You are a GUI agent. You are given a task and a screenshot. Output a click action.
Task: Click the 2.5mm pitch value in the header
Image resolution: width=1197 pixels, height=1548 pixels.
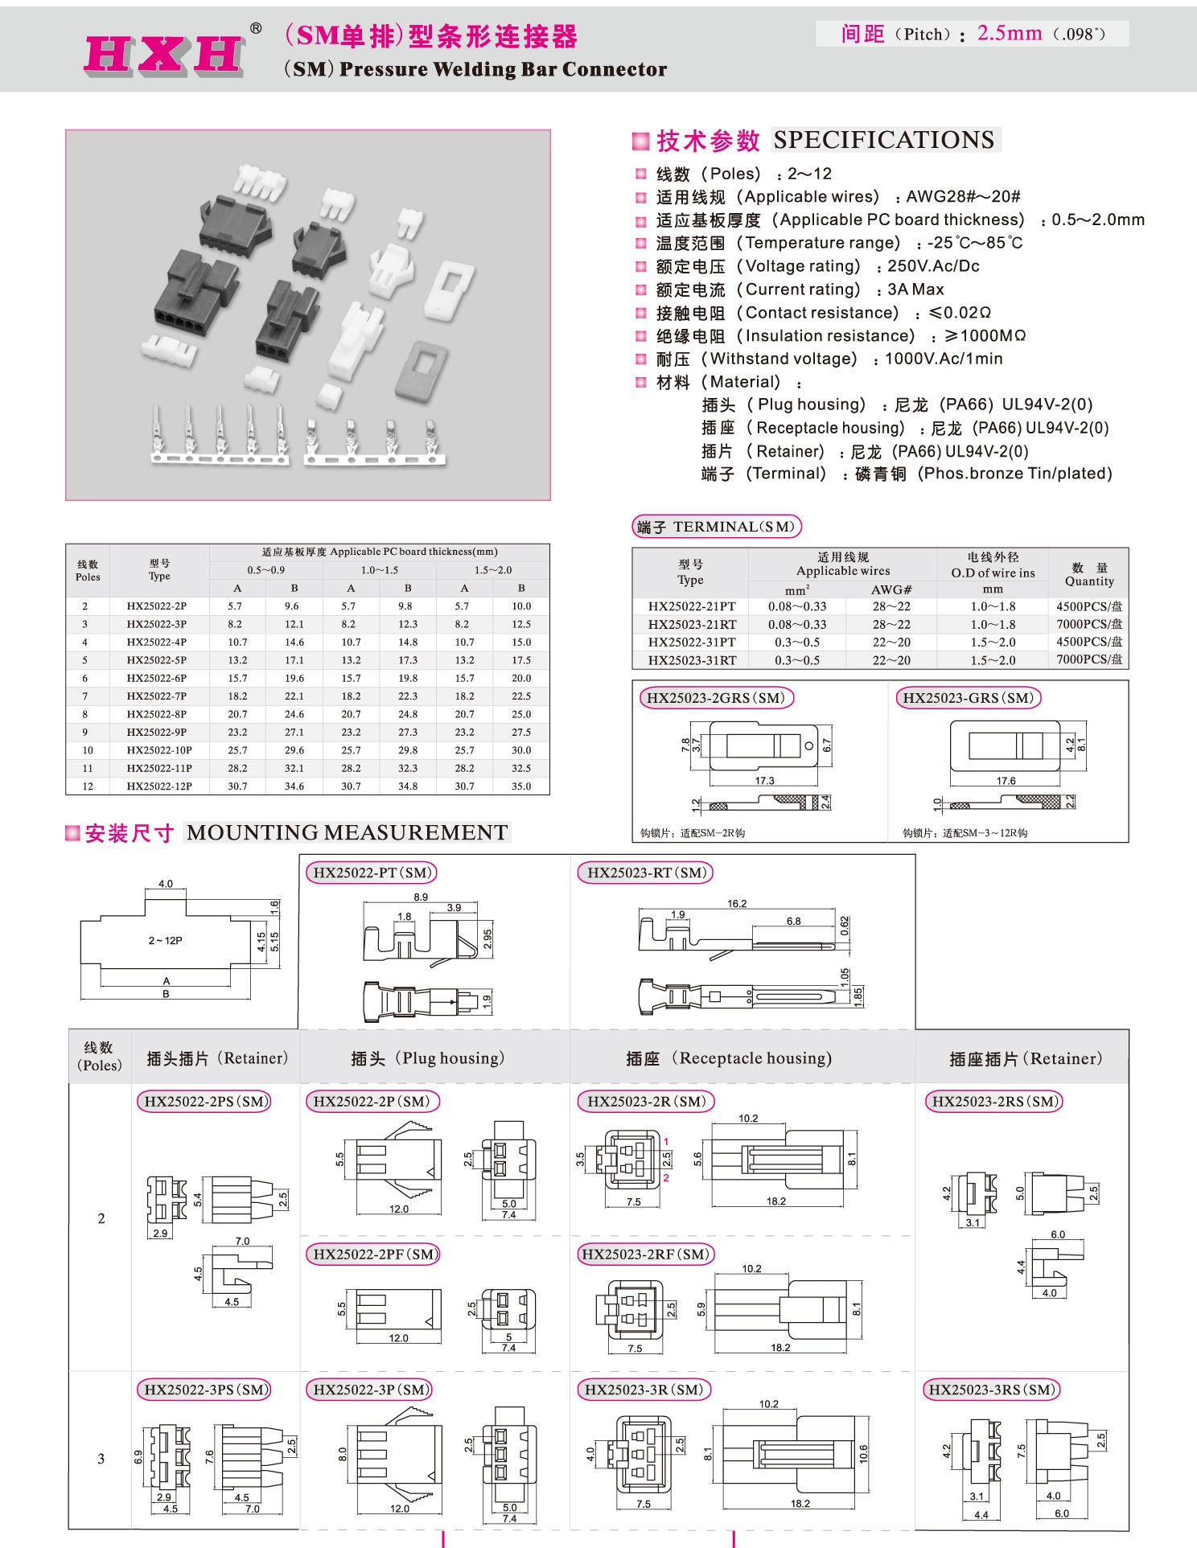(x=1009, y=33)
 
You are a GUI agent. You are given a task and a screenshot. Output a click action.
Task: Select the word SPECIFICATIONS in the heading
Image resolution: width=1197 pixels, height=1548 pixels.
(x=883, y=140)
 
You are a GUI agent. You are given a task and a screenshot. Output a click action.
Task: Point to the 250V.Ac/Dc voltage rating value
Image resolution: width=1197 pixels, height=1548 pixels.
(x=933, y=266)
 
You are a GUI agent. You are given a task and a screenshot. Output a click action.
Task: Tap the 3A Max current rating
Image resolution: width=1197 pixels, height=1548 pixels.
(x=915, y=289)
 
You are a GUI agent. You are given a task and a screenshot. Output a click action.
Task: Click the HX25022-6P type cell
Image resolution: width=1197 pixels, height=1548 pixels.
(x=157, y=678)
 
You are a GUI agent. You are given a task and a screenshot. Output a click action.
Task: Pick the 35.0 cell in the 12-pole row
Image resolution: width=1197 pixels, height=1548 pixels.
(x=521, y=786)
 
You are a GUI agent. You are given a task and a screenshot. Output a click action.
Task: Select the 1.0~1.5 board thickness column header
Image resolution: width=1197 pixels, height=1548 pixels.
(x=379, y=570)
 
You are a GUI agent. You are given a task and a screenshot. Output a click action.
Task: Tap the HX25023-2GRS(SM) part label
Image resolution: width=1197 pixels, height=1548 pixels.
(x=715, y=698)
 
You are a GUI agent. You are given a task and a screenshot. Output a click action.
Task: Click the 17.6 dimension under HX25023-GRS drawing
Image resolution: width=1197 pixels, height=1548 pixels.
(x=1006, y=781)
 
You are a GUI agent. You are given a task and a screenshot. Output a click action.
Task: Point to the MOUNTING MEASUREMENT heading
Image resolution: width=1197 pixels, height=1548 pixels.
(x=347, y=832)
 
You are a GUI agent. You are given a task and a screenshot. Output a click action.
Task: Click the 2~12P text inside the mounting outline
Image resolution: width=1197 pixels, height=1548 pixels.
(x=165, y=940)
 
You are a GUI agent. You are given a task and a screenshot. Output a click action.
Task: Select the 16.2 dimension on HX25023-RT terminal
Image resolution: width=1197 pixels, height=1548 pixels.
(x=737, y=904)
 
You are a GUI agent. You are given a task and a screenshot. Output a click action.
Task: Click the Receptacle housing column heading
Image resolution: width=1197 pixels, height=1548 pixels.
(x=729, y=1058)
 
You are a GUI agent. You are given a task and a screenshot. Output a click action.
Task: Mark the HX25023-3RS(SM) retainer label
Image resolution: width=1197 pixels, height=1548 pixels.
(x=991, y=1390)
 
